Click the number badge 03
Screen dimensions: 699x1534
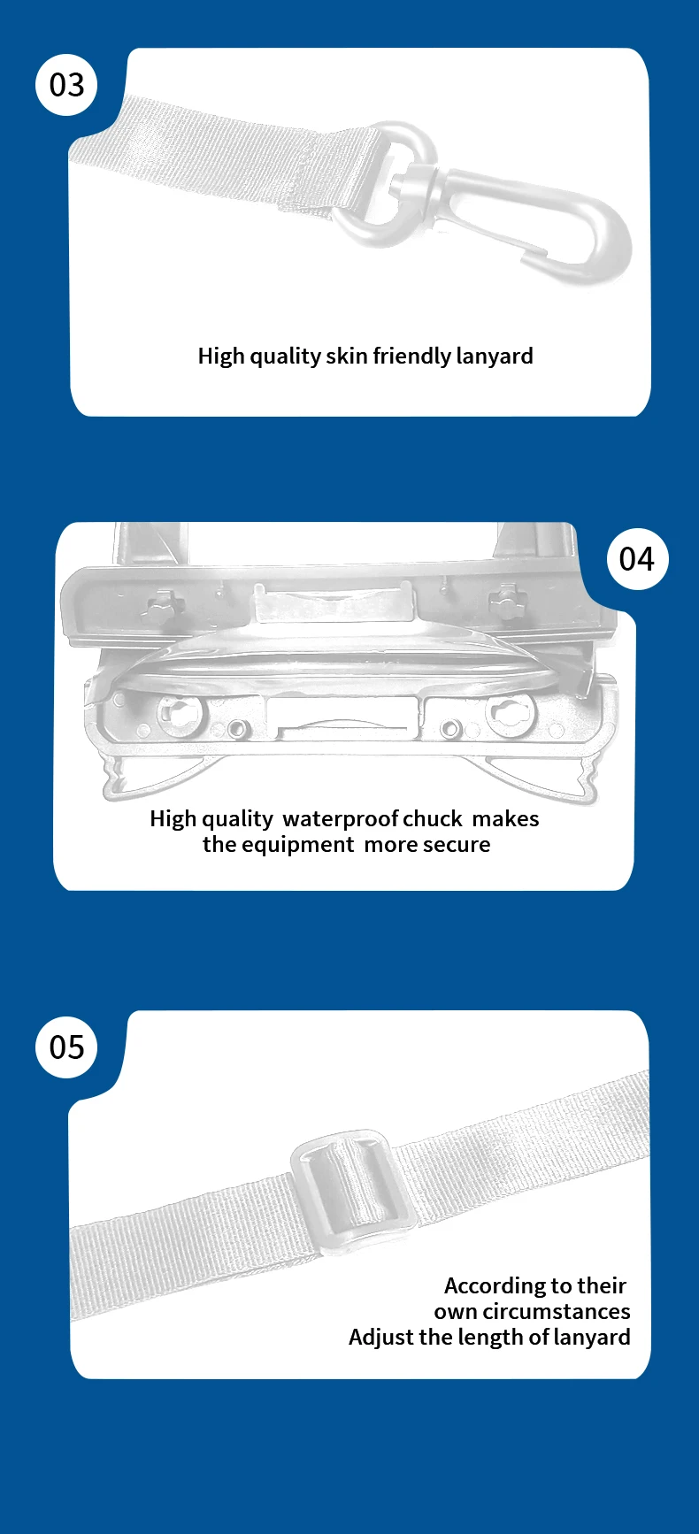point(66,85)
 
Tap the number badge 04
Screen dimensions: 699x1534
point(637,559)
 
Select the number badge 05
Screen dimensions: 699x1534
point(66,1047)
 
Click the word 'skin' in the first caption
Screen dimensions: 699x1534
point(347,356)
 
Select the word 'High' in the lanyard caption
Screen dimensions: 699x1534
point(221,357)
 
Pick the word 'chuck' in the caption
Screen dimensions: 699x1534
point(433,819)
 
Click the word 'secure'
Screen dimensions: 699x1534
point(457,846)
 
